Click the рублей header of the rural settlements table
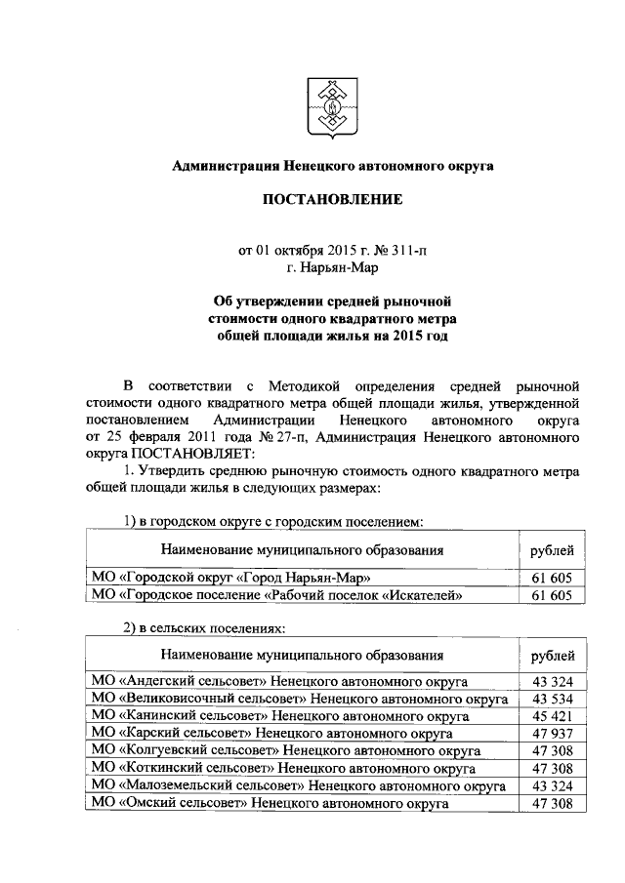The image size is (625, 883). [x=552, y=654]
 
